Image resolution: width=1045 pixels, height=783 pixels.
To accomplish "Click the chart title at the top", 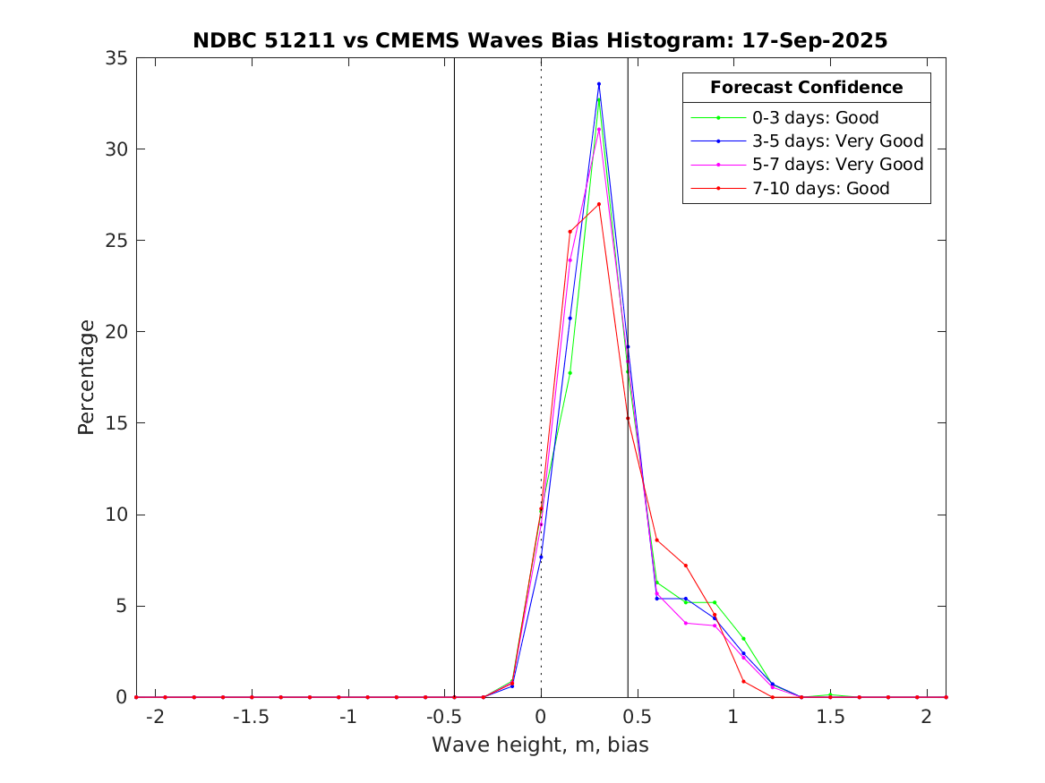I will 540,41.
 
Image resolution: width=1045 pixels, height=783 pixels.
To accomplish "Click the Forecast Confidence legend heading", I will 806,88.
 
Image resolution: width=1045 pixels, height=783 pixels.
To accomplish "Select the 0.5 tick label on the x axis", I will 637,717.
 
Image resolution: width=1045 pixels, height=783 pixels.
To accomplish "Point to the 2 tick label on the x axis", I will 926,717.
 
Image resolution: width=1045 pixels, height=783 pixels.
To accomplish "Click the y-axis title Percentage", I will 86,377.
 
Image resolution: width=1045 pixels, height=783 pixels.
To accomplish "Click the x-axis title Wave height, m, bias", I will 540,745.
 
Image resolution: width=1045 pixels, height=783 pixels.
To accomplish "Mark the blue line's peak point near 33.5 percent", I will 598,84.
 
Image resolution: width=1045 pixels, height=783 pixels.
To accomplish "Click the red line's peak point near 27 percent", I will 598,204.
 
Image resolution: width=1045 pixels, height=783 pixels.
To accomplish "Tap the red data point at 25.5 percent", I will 570,232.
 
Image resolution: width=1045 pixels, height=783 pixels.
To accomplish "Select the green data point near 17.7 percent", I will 570,373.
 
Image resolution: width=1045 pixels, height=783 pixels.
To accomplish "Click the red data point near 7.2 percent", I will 685,566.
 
